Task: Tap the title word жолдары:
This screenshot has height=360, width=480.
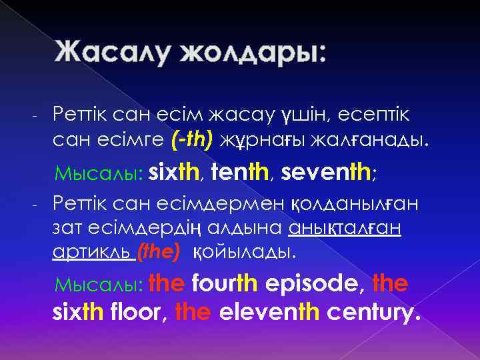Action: tap(251, 52)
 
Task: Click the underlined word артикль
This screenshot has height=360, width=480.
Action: tap(93, 253)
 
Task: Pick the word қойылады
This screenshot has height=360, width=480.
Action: tap(244, 253)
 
